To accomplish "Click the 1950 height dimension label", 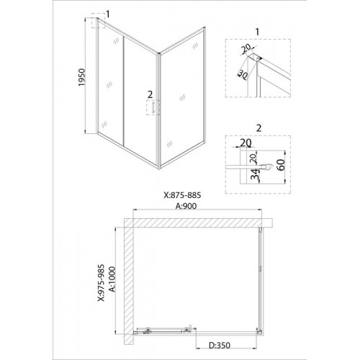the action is [x=81, y=78].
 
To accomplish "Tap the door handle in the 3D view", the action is [x=153, y=107].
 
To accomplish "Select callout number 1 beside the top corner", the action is [x=108, y=14].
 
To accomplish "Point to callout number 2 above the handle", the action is [x=150, y=94].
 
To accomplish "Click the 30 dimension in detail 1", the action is [x=243, y=75].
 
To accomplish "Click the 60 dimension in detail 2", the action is [x=282, y=165].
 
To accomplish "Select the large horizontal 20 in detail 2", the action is [x=246, y=143].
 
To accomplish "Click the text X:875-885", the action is [x=182, y=195].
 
